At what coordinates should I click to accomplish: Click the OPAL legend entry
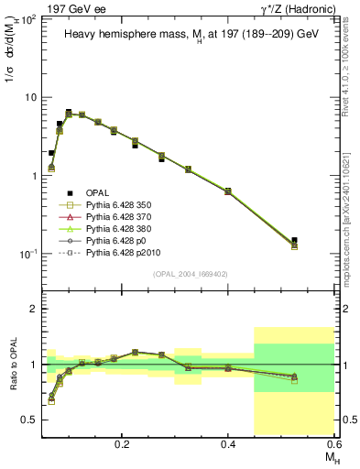[97, 193]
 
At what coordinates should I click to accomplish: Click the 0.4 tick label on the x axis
[228, 442]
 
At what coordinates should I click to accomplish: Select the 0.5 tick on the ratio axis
[30, 420]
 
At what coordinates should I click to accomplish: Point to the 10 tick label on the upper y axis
[29, 97]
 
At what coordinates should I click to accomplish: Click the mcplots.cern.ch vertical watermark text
[351, 202]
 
